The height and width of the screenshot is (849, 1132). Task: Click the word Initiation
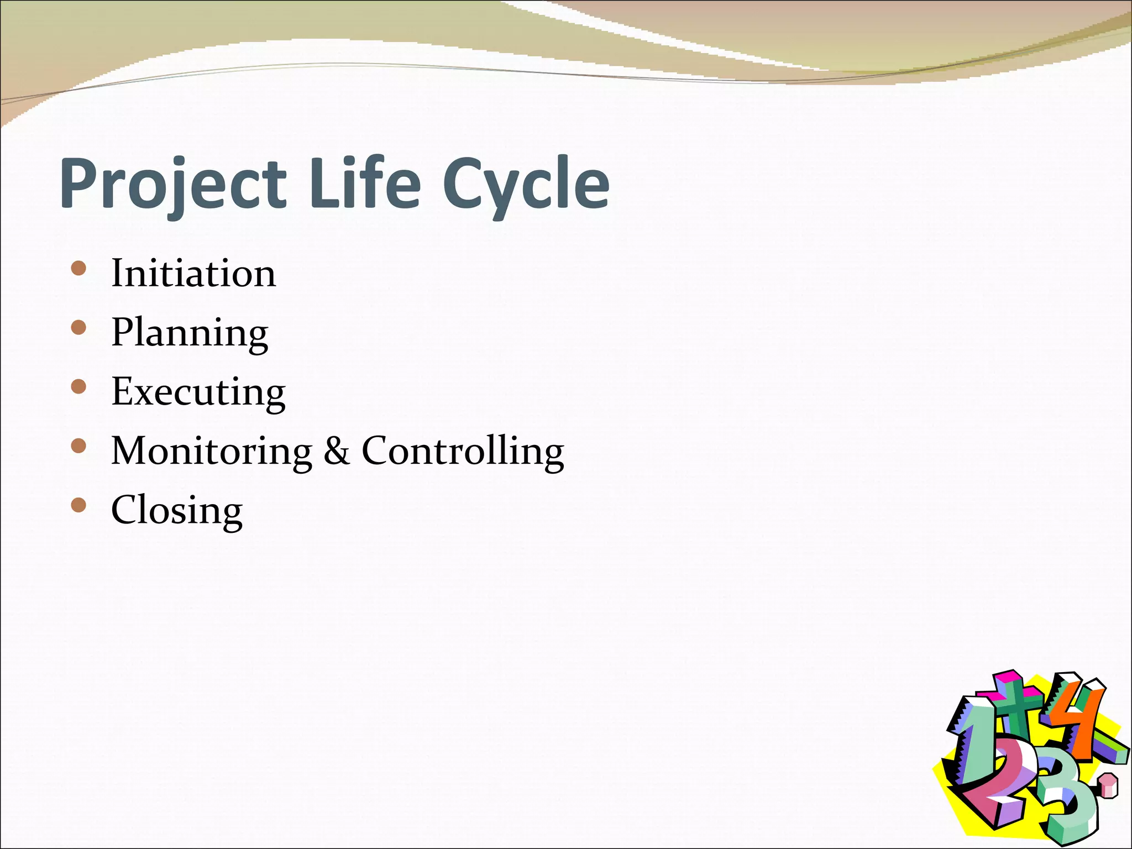[193, 273]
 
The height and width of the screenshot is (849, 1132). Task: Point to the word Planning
[190, 333]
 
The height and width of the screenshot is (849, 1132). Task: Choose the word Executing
[198, 392]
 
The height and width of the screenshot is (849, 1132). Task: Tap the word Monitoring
[212, 451]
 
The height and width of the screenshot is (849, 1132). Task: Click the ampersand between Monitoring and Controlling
[337, 450]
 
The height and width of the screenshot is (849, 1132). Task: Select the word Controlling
[463, 451]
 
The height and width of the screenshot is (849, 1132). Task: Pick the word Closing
[177, 510]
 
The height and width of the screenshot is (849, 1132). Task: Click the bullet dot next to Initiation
[79, 269]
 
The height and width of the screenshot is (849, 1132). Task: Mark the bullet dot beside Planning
[79, 328]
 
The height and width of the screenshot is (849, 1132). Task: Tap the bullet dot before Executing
[79, 387]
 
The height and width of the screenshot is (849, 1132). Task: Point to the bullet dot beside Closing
[79, 505]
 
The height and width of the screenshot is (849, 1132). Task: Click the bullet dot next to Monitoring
[79, 446]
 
